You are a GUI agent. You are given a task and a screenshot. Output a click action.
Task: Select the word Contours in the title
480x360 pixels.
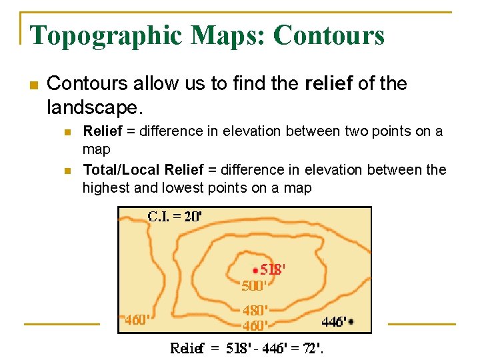click(329, 35)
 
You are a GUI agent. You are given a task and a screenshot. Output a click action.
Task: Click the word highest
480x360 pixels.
click(106, 188)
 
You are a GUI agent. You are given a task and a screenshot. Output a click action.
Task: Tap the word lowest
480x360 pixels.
click(180, 188)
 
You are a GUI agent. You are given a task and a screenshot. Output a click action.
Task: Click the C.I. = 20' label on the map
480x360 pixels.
click(175, 216)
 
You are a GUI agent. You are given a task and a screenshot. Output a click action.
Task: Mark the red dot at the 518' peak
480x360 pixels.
click(255, 270)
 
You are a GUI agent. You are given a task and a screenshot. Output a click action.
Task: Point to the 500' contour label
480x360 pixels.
click(254, 286)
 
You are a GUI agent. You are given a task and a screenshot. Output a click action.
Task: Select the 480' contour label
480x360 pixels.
click(255, 311)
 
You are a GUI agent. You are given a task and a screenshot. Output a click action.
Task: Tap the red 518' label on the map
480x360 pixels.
click(273, 270)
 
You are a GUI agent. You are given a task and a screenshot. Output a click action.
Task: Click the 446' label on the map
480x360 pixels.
click(333, 322)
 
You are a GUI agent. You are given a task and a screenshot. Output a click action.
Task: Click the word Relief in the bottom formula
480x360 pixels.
click(187, 348)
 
